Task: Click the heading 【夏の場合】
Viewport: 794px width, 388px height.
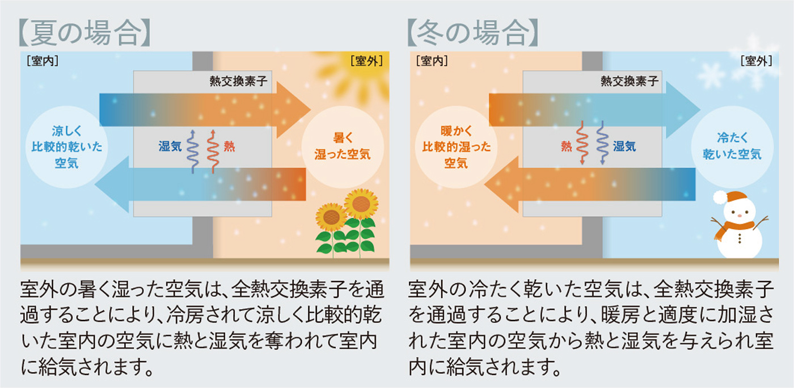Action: point(85,33)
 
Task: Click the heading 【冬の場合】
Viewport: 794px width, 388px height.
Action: point(474,33)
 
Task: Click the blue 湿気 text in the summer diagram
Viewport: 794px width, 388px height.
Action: point(170,146)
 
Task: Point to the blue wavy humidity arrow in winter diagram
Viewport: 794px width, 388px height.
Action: point(601,142)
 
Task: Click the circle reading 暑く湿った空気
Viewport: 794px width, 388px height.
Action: point(343,146)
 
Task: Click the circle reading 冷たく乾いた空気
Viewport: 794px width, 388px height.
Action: point(732,146)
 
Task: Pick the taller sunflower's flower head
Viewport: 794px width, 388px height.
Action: point(361,203)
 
